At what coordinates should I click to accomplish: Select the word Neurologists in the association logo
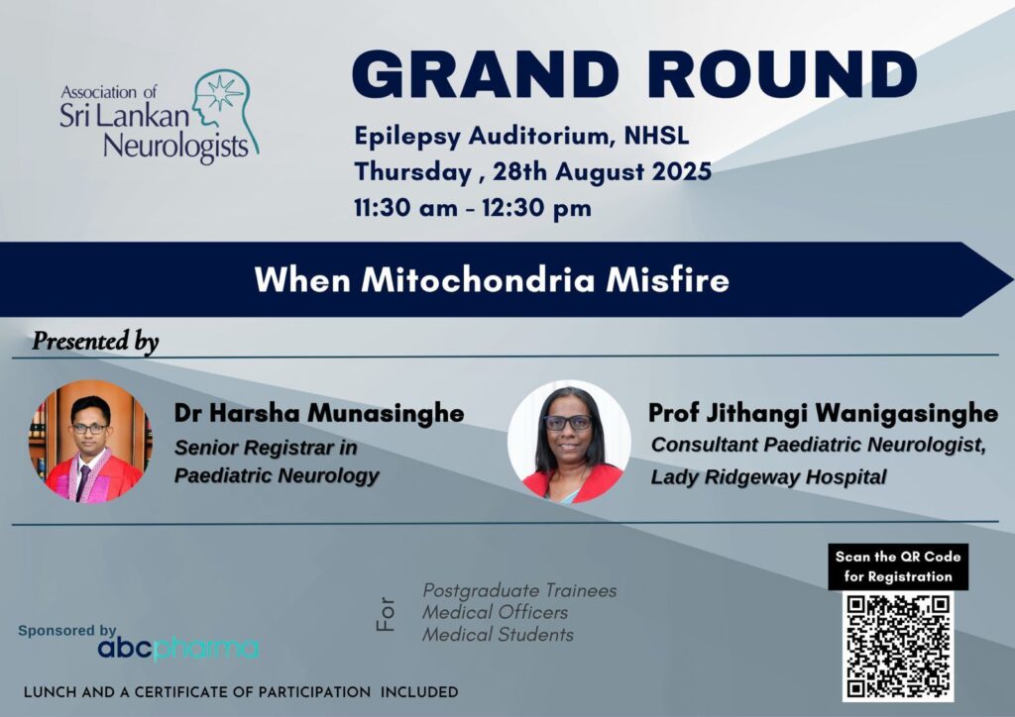(176, 148)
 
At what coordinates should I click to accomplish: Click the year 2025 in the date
(682, 171)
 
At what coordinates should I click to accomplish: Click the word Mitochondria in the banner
(479, 280)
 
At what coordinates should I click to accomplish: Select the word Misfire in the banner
(667, 280)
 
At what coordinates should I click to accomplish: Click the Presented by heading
(95, 341)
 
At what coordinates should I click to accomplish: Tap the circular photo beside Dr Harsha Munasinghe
(91, 441)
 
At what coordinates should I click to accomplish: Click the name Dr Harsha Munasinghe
(319, 413)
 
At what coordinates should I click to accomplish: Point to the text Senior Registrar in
(266, 448)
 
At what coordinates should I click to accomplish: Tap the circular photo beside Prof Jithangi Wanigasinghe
(569, 441)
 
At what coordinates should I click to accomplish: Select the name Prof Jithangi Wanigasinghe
(824, 413)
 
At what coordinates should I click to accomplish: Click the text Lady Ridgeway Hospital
(768, 477)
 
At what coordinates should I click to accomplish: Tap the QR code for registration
(898, 647)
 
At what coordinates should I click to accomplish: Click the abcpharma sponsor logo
(178, 649)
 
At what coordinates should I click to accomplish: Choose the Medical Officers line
(496, 612)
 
